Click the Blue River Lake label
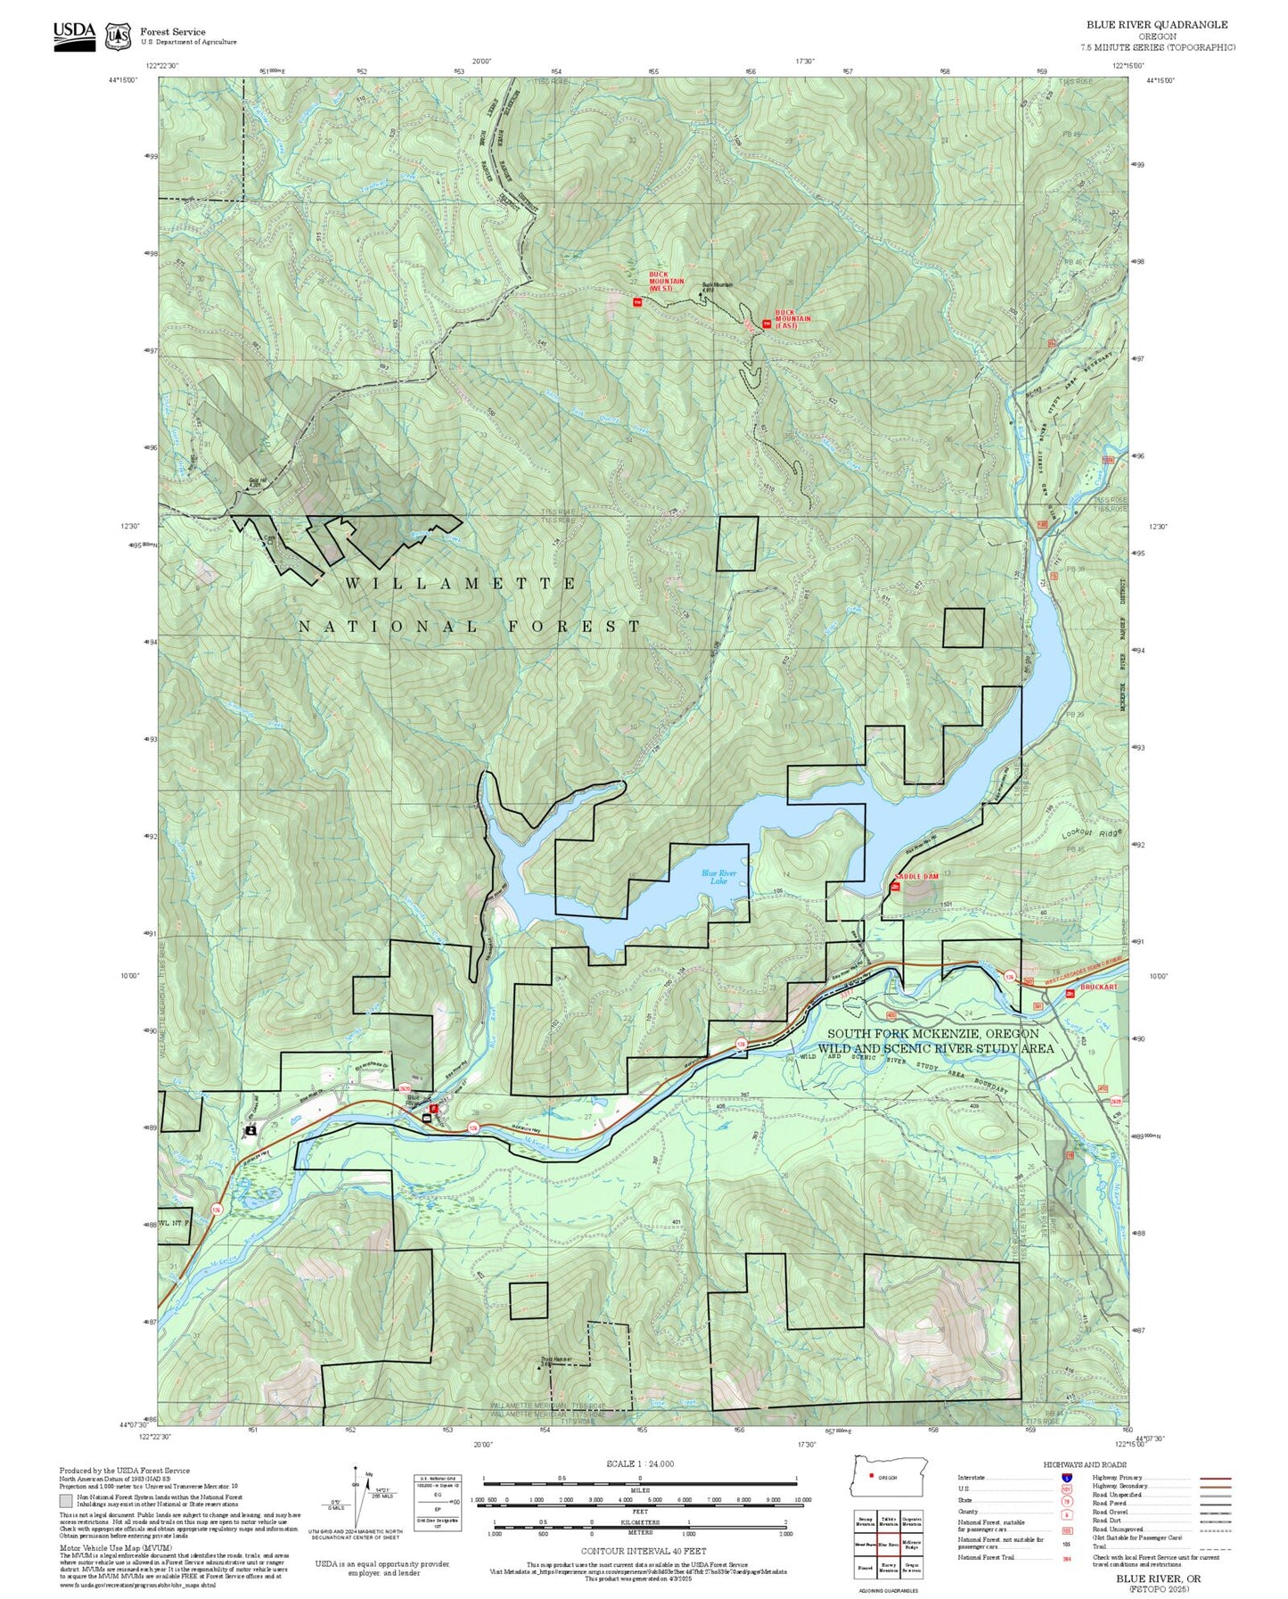718,877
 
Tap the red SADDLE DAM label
917,877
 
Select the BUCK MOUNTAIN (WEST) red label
666,282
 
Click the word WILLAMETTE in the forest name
461,584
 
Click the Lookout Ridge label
1090,833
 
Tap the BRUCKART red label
1098,988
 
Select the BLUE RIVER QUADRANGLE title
1156,25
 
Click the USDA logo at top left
74,36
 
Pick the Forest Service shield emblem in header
118,37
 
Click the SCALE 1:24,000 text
640,1464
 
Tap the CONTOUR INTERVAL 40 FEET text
639,1551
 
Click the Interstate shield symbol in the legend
1066,1478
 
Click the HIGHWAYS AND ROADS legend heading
1085,1464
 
